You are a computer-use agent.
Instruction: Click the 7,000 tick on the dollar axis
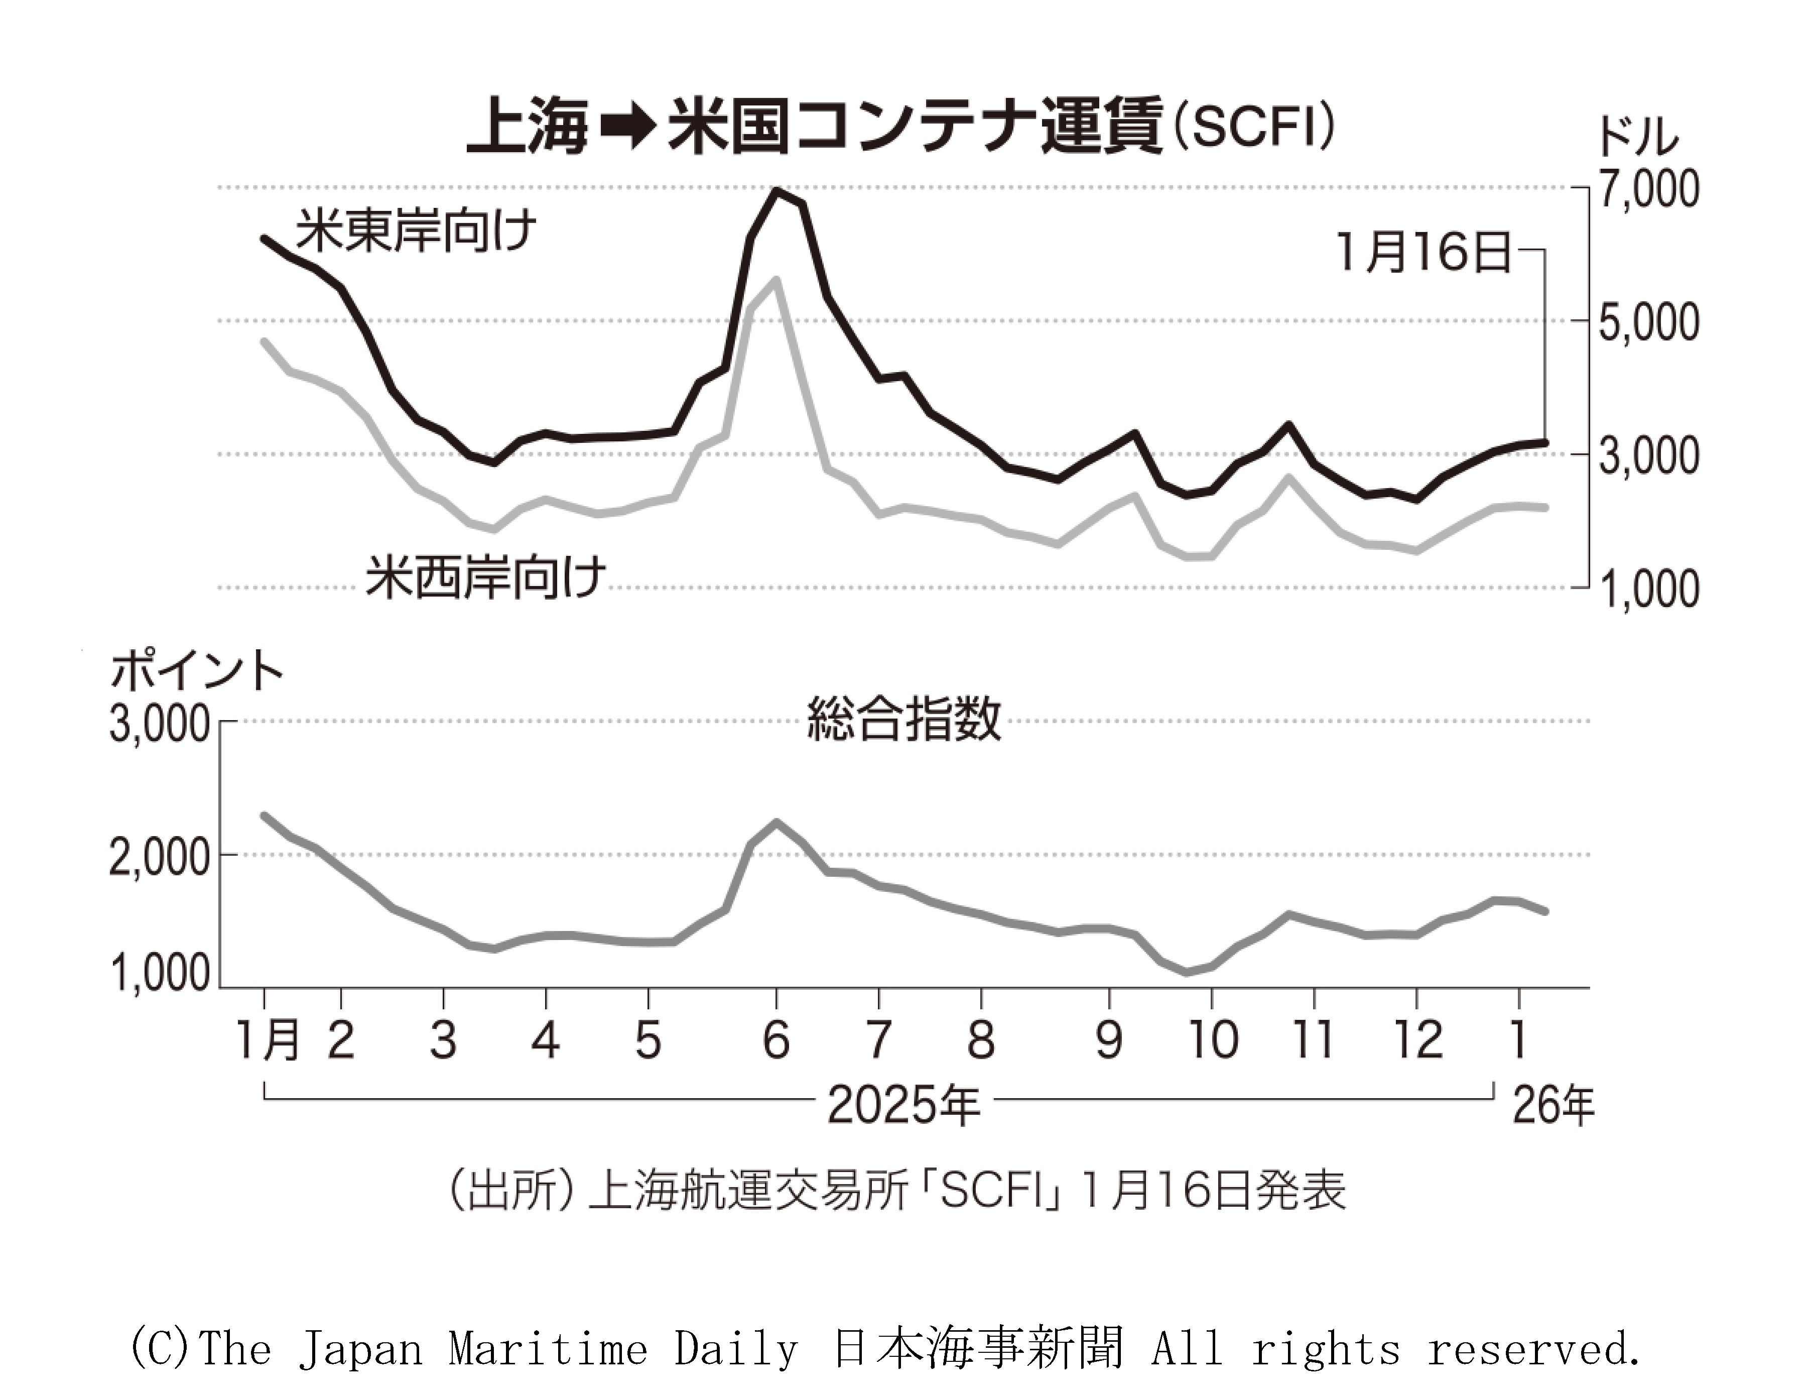click(x=1647, y=189)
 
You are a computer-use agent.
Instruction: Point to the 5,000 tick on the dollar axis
click(x=1647, y=322)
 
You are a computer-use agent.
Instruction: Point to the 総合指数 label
click(x=903, y=719)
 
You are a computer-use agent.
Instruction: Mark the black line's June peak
click(x=775, y=191)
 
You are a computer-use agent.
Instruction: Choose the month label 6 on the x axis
click(x=775, y=1040)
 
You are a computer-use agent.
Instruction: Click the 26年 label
click(x=1553, y=1105)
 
